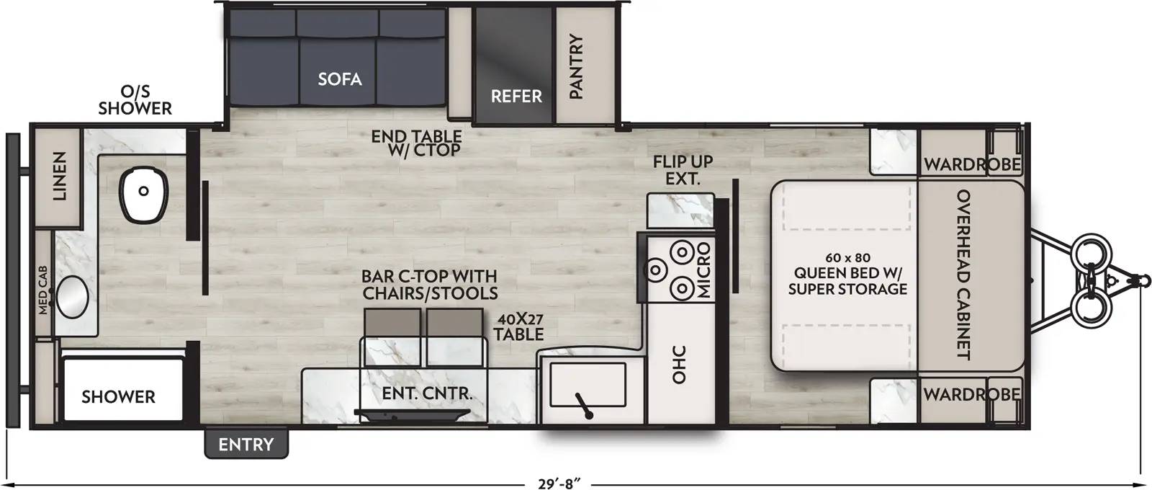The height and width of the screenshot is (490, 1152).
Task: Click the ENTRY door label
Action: (x=246, y=444)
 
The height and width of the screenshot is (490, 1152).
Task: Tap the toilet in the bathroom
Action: (x=144, y=195)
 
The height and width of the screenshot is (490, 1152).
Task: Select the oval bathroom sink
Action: (x=72, y=296)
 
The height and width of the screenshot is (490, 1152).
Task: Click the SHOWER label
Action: (x=118, y=397)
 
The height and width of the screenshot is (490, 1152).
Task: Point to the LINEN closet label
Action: (x=59, y=176)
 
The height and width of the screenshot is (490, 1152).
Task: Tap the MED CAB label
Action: (x=42, y=290)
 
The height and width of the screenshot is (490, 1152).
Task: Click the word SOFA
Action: (x=339, y=79)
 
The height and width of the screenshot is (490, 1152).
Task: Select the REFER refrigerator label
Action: (x=516, y=97)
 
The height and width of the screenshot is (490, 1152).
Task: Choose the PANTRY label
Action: (x=576, y=66)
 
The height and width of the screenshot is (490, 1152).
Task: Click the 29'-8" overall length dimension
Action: (x=559, y=484)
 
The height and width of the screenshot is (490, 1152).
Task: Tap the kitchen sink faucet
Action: (x=583, y=406)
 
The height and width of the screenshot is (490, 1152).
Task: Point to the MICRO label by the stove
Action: (x=703, y=270)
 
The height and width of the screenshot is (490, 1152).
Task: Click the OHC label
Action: (x=679, y=365)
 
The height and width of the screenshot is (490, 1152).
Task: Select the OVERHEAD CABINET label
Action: (x=963, y=275)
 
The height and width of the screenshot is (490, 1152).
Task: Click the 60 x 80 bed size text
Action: (x=847, y=257)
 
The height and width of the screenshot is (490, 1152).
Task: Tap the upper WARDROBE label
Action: (x=972, y=165)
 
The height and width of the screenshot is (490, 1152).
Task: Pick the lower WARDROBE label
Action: (x=972, y=394)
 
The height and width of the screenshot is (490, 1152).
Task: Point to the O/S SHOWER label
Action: (x=135, y=100)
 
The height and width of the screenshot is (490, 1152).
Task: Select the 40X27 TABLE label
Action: (x=519, y=327)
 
